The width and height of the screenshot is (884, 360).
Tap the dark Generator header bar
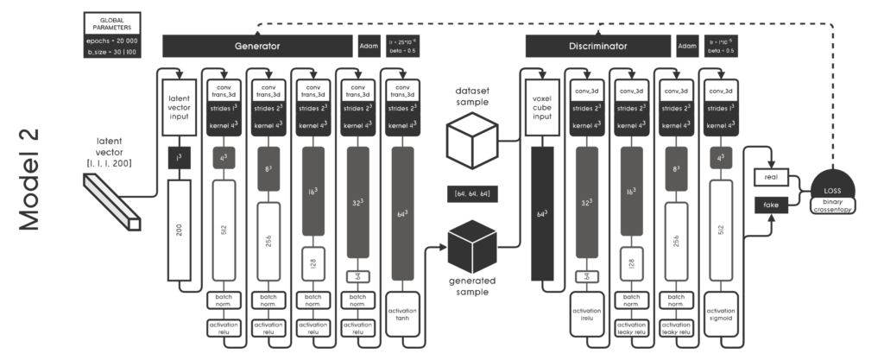pyautogui.click(x=258, y=45)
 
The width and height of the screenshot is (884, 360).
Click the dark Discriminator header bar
pyautogui.click(x=598, y=45)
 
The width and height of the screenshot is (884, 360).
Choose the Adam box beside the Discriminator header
pyautogui.click(x=688, y=45)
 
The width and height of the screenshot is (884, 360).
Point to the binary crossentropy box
pyautogui.click(x=834, y=205)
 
